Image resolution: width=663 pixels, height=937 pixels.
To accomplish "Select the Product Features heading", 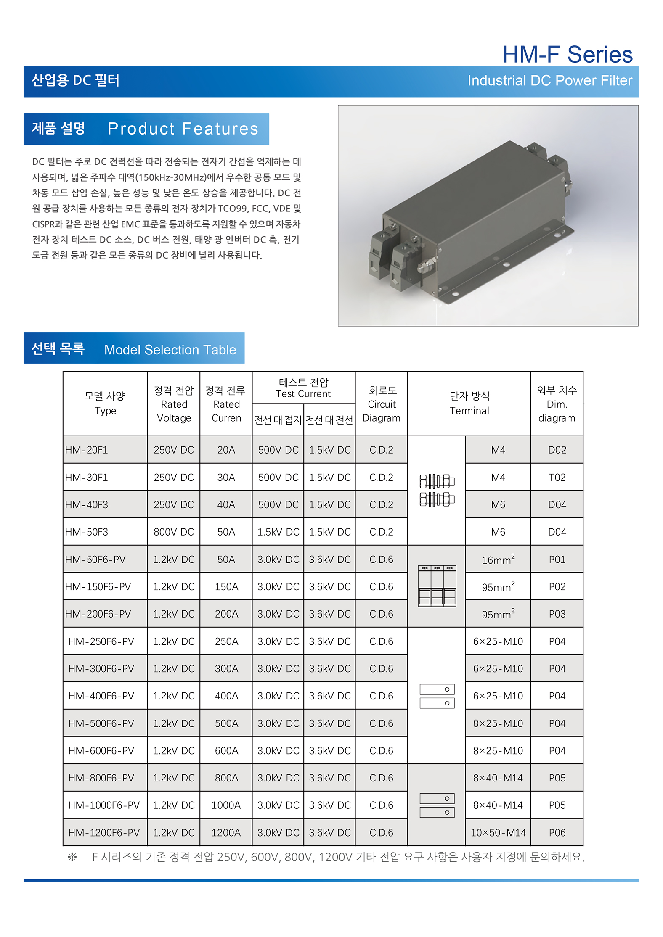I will tap(183, 129).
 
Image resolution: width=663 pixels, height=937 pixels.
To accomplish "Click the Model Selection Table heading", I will tap(170, 350).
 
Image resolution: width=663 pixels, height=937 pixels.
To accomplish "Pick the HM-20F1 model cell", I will tap(87, 450).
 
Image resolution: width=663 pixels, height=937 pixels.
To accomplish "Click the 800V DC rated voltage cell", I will tap(173, 532).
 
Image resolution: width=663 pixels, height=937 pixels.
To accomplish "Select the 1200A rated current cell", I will tap(226, 833).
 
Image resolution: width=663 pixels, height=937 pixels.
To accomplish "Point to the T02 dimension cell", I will tap(557, 478).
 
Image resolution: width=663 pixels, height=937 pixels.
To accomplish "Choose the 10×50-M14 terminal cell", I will tap(498, 833).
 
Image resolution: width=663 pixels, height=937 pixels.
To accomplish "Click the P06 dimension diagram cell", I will tap(557, 833).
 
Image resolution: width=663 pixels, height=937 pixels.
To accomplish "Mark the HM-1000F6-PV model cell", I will tap(104, 805).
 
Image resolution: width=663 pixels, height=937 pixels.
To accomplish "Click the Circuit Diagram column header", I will tap(381, 404).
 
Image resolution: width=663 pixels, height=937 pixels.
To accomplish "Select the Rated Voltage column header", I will tap(173, 404).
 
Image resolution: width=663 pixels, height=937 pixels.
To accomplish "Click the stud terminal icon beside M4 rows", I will tap(437, 490).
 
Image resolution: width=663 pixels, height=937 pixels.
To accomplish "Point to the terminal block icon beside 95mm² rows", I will tap(437, 586).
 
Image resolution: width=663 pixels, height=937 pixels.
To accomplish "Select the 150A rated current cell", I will tap(226, 587).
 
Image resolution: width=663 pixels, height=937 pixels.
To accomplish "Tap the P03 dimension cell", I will tap(557, 614).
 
